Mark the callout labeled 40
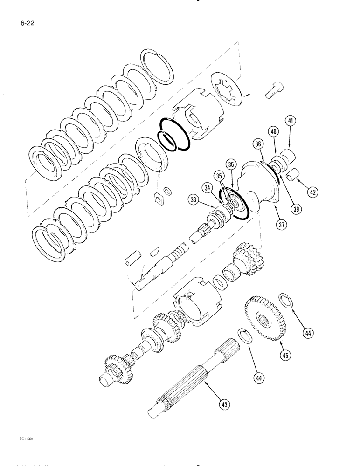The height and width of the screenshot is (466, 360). click(x=274, y=132)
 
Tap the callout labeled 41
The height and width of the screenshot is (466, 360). click(x=292, y=122)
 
